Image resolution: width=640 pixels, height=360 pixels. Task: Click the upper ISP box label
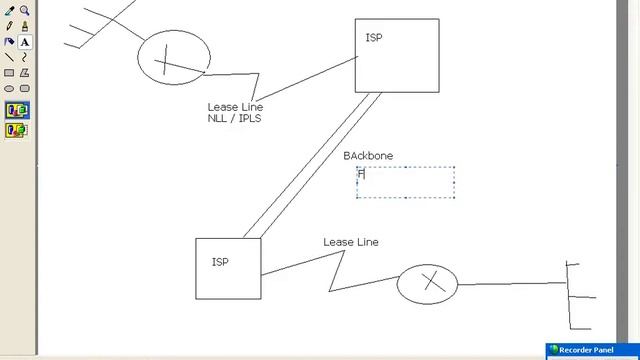point(374,38)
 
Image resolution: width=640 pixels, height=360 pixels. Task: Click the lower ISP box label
point(220,262)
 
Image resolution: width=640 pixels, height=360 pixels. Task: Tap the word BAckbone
point(368,156)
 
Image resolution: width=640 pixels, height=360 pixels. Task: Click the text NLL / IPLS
point(234,119)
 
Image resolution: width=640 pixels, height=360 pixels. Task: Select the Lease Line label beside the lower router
point(350,242)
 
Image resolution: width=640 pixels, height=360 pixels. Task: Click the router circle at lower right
point(427,284)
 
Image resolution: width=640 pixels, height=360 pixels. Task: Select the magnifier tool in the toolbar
point(25,11)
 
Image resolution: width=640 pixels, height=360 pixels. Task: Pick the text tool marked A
point(25,42)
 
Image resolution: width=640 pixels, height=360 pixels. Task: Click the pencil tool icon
point(10,27)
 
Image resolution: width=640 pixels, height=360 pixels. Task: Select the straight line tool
point(10,58)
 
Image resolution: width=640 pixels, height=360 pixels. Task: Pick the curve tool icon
point(25,58)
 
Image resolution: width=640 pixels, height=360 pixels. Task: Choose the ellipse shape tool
point(10,89)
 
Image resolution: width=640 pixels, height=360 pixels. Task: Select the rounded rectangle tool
point(25,89)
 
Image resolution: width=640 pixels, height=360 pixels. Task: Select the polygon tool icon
point(25,73)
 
